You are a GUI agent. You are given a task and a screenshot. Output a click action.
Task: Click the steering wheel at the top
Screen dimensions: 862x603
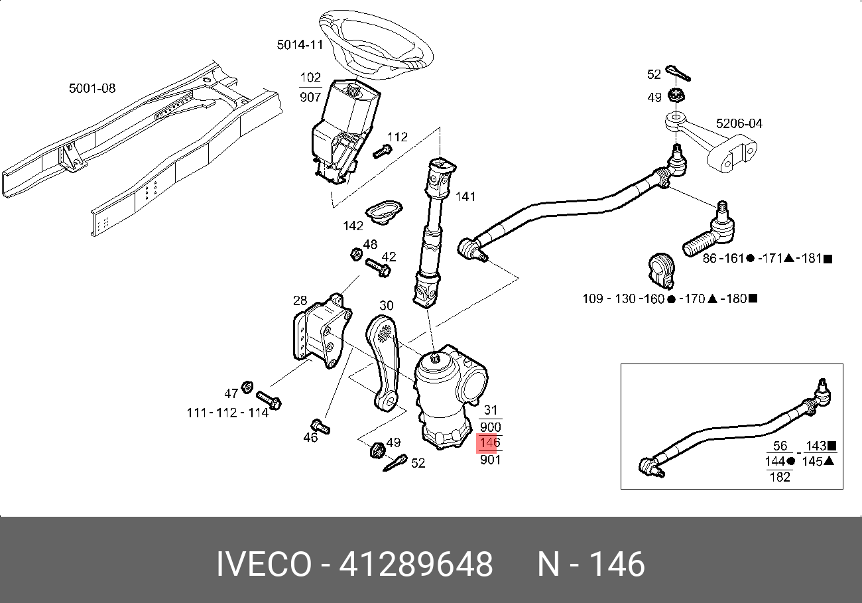[375, 44]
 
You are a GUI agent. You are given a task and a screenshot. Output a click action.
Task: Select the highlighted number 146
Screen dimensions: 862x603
[490, 442]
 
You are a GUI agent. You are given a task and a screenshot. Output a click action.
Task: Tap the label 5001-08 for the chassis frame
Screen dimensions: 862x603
[92, 88]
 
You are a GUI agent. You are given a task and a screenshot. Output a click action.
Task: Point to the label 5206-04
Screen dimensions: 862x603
[739, 124]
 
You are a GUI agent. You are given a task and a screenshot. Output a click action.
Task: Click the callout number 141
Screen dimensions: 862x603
[465, 197]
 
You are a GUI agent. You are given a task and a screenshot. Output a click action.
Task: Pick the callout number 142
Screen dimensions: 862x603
[353, 226]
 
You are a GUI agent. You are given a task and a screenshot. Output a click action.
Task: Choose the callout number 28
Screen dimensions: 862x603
[300, 301]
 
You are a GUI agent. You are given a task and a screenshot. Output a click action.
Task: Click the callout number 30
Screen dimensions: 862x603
[387, 305]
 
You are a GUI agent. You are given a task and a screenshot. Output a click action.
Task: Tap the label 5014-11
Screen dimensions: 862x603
[300, 45]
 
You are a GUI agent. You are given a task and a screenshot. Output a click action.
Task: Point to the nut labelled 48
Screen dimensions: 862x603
[355, 254]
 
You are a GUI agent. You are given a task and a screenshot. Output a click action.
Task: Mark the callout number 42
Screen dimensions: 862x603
[389, 257]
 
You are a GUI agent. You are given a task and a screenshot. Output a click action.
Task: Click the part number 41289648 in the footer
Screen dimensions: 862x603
[416, 565]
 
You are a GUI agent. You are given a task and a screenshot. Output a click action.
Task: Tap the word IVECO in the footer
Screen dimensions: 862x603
[263, 565]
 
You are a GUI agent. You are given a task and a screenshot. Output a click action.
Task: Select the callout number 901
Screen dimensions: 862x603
[490, 459]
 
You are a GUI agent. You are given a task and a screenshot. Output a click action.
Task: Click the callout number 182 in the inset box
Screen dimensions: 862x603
[780, 476]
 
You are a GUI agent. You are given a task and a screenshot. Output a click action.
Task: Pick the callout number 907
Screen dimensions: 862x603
[310, 97]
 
